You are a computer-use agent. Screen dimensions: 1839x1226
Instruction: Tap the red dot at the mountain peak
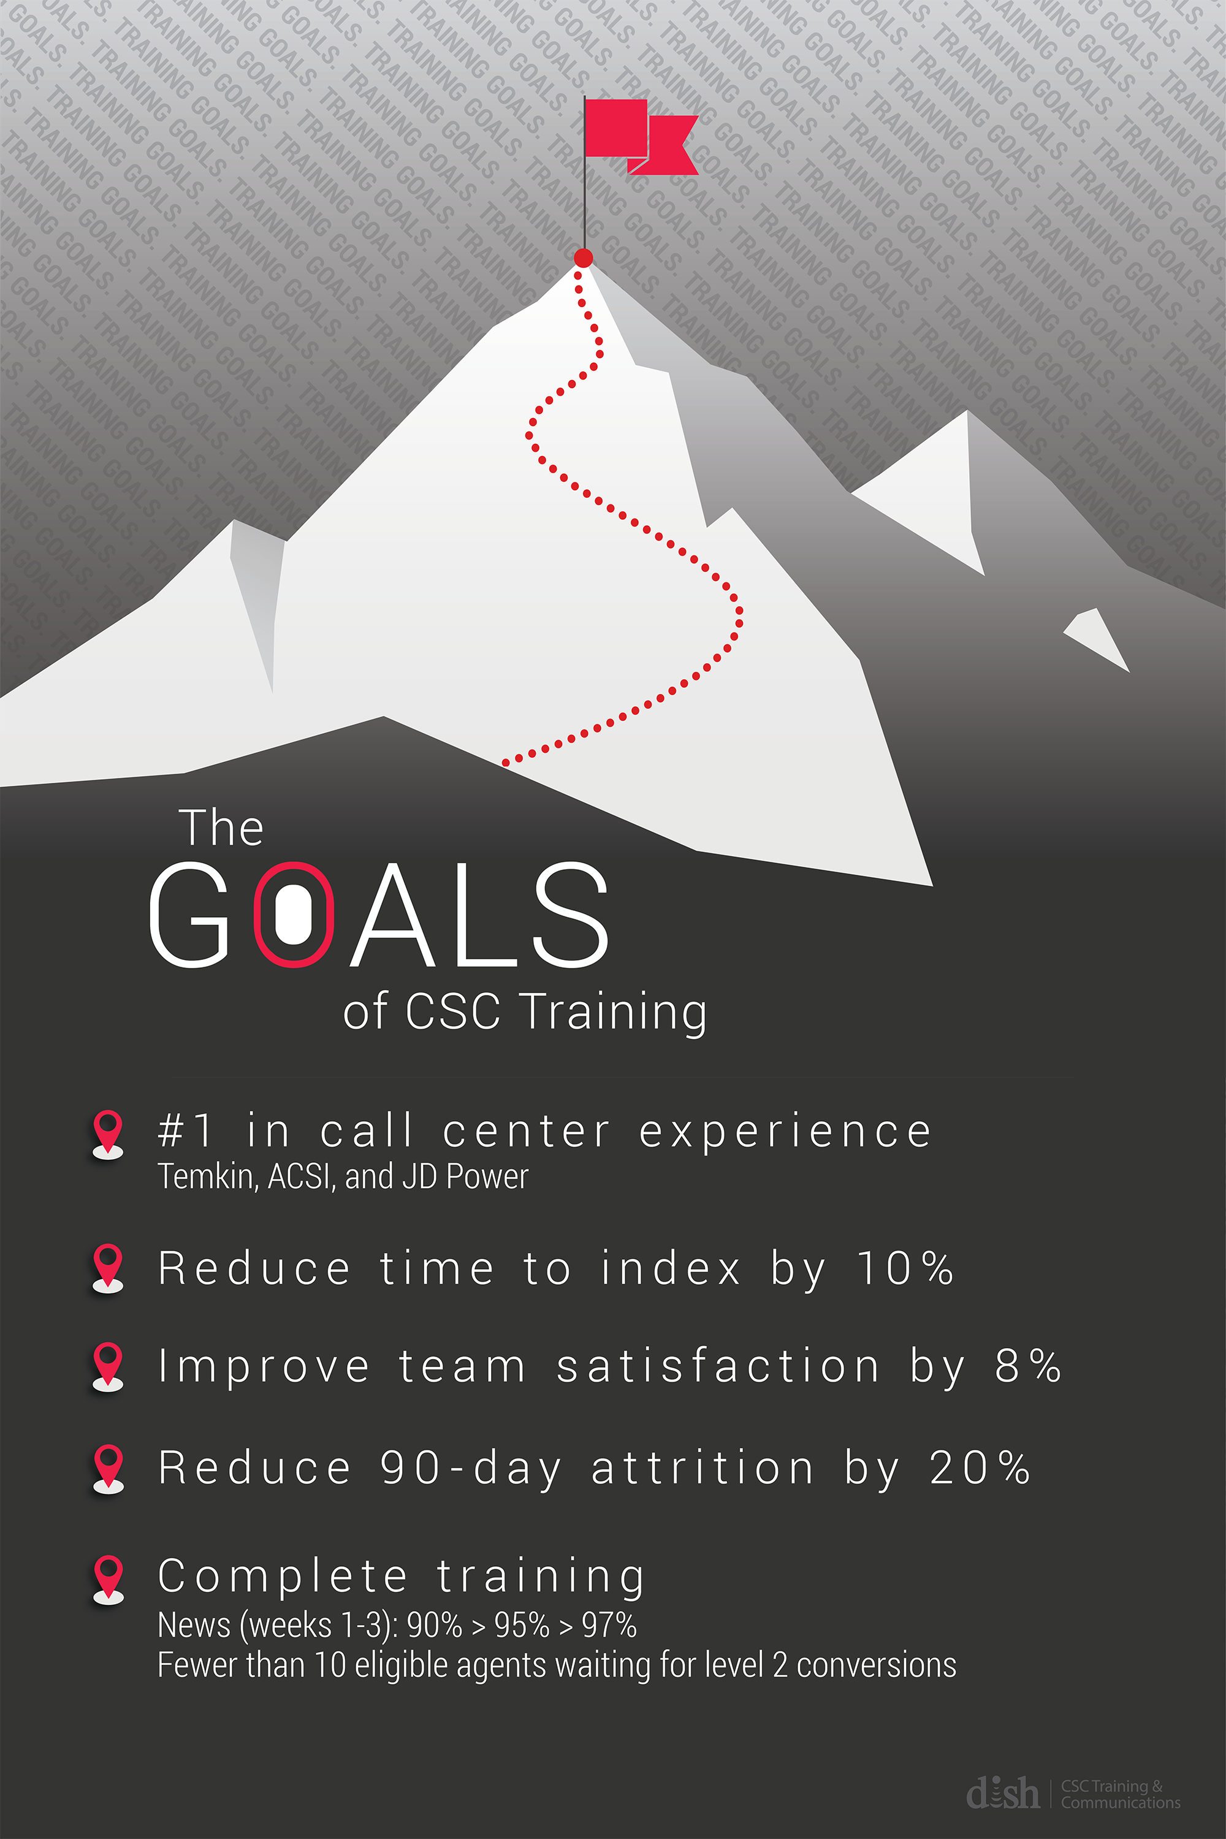pos(584,258)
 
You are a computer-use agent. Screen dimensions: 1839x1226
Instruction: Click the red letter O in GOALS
pos(294,914)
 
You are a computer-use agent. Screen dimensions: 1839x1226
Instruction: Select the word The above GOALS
pos(221,829)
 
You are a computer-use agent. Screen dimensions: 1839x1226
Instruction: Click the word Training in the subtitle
pos(615,1012)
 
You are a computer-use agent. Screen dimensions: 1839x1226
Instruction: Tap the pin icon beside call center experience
pos(108,1133)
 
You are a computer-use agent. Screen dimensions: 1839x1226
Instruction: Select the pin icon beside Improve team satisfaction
pos(108,1366)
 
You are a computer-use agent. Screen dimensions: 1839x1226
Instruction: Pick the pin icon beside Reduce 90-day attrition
pos(108,1468)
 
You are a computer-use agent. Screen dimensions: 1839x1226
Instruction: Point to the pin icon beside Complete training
pos(108,1578)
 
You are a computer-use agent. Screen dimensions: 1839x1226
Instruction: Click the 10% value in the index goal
pos(905,1268)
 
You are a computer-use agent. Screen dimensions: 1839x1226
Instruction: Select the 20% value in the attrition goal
pos(980,1468)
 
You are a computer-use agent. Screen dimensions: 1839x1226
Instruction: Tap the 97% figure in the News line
pos(609,1626)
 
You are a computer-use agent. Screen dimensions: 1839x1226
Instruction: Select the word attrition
pos(702,1468)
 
